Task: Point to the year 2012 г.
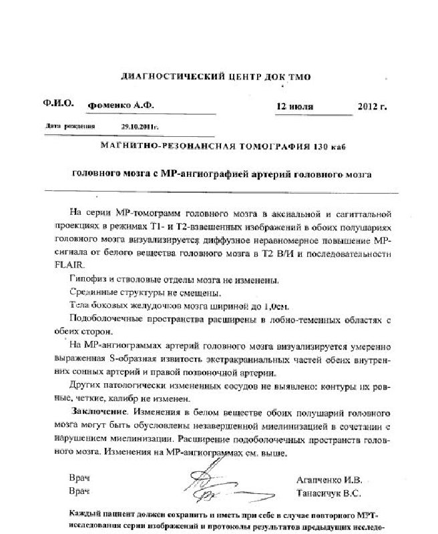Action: click(373, 107)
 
